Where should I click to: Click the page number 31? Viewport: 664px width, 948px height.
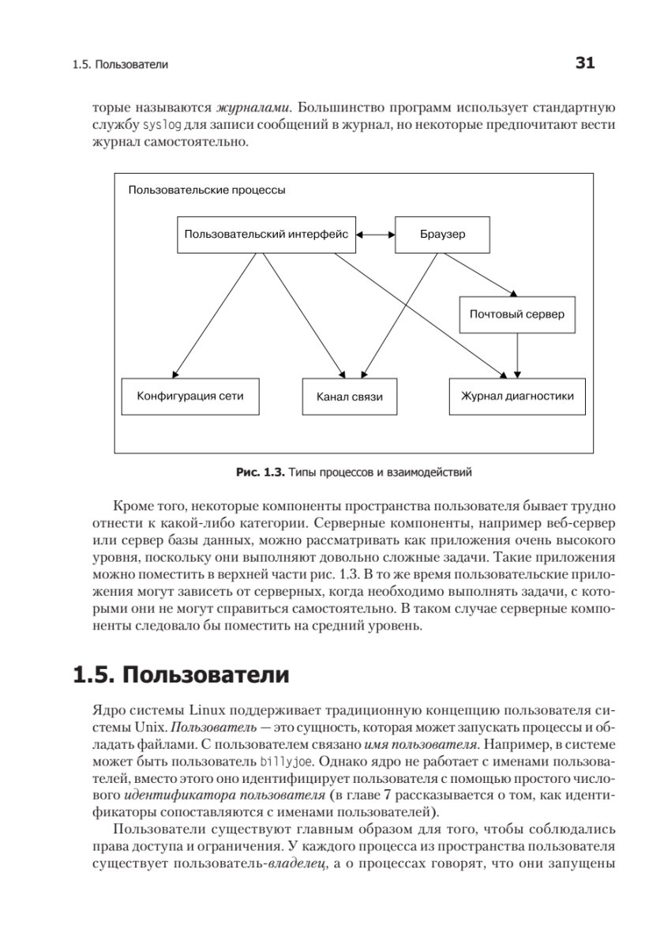pos(584,63)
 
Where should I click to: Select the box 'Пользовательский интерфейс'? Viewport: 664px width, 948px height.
pos(266,235)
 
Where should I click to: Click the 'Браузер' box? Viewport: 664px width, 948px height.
pos(441,235)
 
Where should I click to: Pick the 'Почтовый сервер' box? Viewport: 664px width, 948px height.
pos(517,314)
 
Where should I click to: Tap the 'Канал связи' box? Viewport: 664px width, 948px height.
pos(349,397)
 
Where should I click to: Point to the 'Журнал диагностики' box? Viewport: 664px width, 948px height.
pos(517,396)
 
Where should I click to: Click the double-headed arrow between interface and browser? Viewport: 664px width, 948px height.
pos(375,235)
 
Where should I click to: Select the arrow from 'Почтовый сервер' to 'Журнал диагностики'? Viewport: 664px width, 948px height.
pos(517,354)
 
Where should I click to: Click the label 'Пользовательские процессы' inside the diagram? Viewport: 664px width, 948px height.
pos(207,190)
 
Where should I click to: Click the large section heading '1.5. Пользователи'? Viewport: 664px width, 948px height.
pos(180,675)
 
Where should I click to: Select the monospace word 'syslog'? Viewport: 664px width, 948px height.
pos(161,125)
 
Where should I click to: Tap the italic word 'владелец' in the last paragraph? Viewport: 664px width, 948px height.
pos(295,863)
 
